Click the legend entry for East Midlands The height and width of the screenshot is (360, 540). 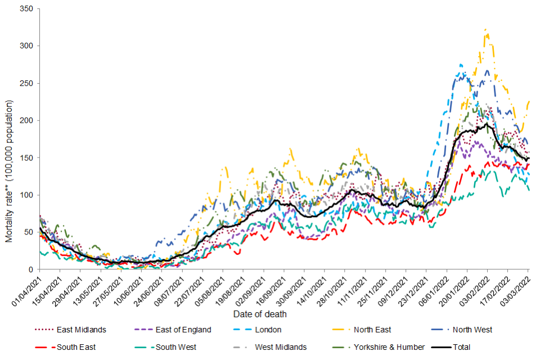point(78,330)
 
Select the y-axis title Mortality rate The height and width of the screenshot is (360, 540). point(10,172)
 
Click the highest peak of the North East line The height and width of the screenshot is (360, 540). point(485,30)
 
